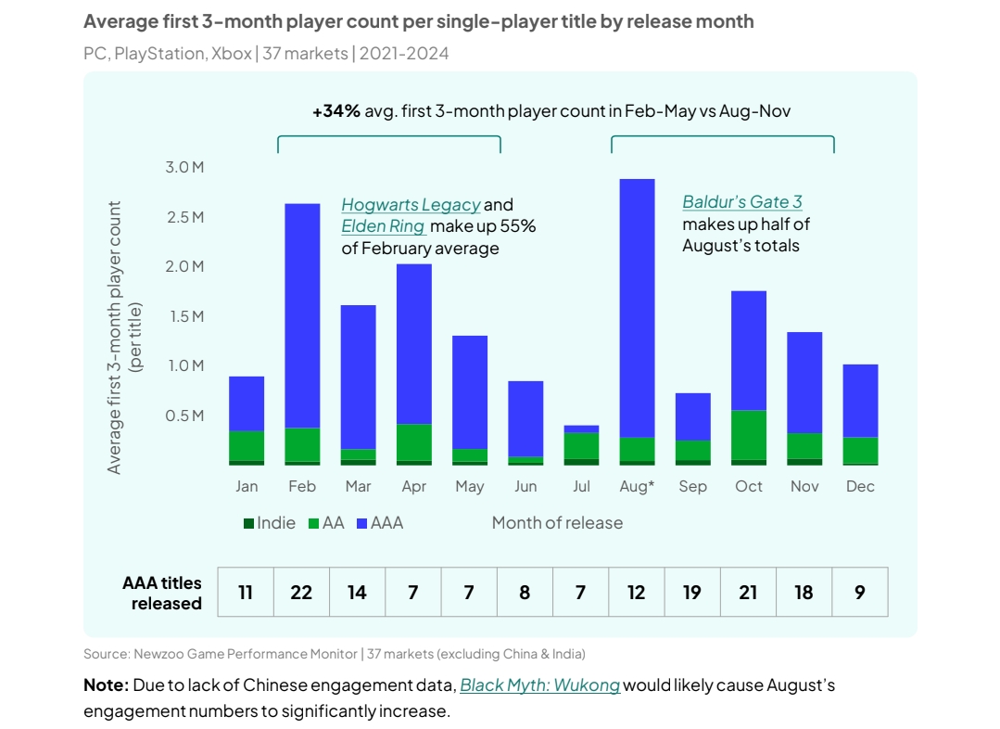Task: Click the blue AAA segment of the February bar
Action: [x=302, y=315]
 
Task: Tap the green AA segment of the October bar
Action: [x=748, y=434]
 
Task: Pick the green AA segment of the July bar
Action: [x=581, y=445]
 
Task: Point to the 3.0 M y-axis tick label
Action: [x=184, y=168]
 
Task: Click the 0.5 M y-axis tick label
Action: [x=184, y=415]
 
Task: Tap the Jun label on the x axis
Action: [x=525, y=487]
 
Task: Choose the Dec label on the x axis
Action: [x=860, y=487]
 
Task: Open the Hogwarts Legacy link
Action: [x=411, y=205]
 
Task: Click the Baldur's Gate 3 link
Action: [x=741, y=202]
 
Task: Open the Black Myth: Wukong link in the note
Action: [x=540, y=686]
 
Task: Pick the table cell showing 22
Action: [x=301, y=592]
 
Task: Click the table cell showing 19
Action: [x=692, y=592]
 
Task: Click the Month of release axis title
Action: [x=557, y=523]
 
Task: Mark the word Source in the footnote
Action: [x=106, y=654]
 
